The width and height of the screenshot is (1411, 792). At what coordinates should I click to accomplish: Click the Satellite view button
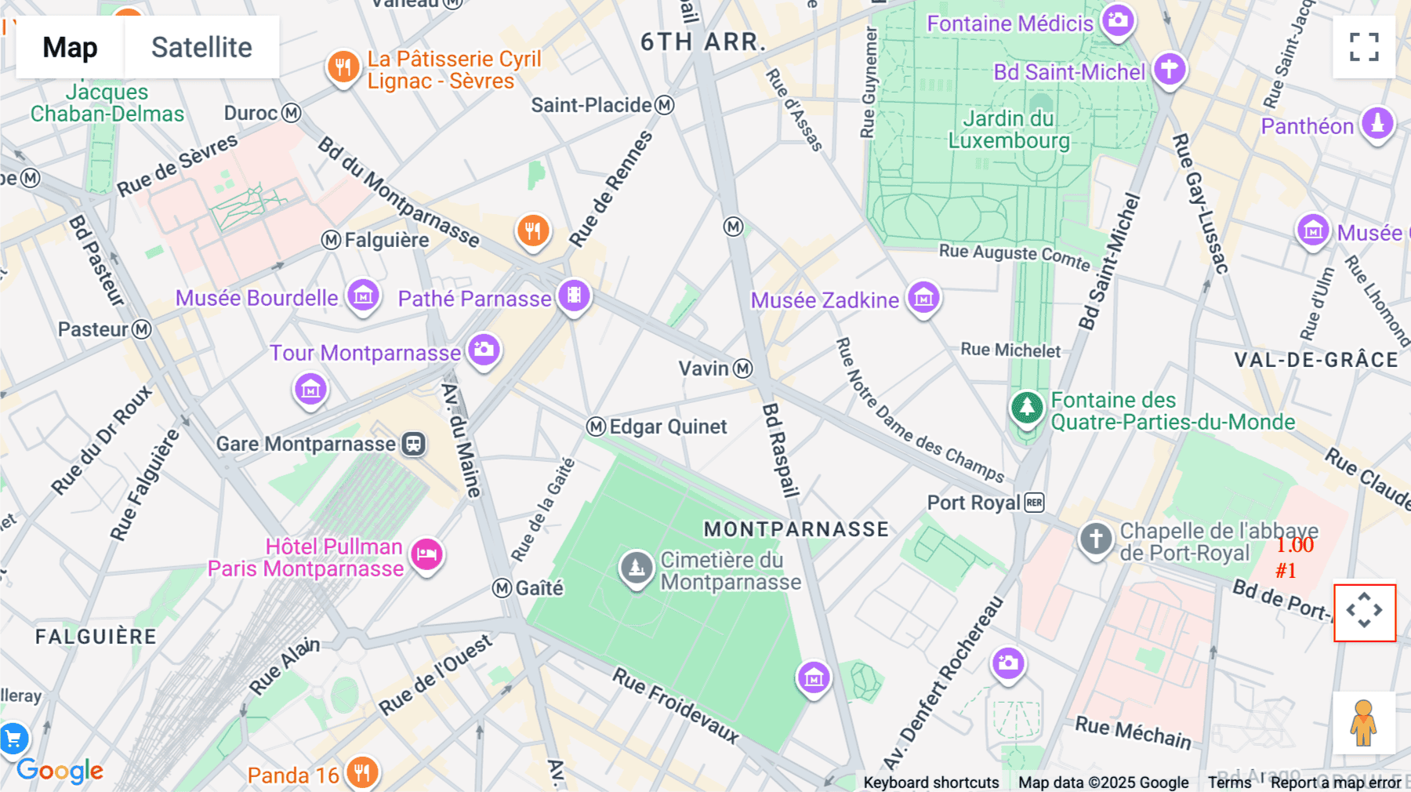pyautogui.click(x=201, y=47)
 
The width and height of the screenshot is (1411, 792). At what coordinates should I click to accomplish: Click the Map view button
pyautogui.click(x=70, y=47)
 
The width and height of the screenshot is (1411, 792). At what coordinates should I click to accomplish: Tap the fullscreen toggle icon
pyautogui.click(x=1364, y=47)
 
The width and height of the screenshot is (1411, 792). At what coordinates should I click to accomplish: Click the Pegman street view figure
pyautogui.click(x=1363, y=722)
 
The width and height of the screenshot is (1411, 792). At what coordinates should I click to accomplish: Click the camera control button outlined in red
pyautogui.click(x=1364, y=612)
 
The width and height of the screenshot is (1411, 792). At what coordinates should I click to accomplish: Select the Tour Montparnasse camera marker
pyautogui.click(x=484, y=349)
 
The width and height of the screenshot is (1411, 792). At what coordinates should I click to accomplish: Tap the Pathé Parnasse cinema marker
pyautogui.click(x=574, y=295)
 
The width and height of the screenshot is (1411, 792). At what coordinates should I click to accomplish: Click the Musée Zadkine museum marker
pyautogui.click(x=923, y=297)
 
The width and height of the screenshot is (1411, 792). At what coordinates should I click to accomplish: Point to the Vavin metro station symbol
pyautogui.click(x=743, y=369)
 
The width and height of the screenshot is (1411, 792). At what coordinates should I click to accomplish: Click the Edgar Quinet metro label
pyautogui.click(x=667, y=427)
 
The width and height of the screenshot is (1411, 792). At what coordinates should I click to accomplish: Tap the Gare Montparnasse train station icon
pyautogui.click(x=413, y=444)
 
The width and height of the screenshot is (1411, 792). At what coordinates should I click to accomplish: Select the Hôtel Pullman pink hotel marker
pyautogui.click(x=426, y=554)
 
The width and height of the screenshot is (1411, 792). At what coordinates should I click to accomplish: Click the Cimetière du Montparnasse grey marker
pyautogui.click(x=637, y=567)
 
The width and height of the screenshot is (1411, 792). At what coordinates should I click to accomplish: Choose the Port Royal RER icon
pyautogui.click(x=1035, y=503)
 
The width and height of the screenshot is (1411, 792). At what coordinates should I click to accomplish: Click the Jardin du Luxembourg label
pyautogui.click(x=1009, y=129)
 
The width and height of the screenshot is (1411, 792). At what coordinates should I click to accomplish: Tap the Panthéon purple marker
pyautogui.click(x=1377, y=123)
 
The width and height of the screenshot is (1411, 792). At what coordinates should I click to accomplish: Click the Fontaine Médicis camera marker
pyautogui.click(x=1118, y=20)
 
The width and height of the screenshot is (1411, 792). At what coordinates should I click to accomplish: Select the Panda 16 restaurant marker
pyautogui.click(x=361, y=772)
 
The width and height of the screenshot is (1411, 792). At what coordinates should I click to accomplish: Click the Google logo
pyautogui.click(x=60, y=771)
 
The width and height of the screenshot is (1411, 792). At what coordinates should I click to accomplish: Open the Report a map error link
pyautogui.click(x=1335, y=783)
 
